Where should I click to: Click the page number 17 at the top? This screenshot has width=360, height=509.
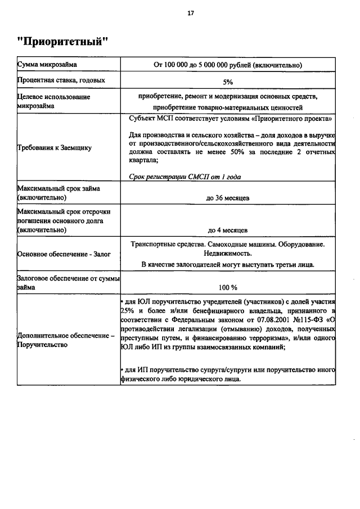(191, 14)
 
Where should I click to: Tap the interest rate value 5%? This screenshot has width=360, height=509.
(228, 82)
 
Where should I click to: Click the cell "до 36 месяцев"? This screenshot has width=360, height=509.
(228, 198)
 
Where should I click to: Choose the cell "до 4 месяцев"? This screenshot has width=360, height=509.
(228, 229)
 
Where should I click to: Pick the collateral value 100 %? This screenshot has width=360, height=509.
(228, 287)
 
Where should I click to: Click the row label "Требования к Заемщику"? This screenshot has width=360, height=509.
(54, 148)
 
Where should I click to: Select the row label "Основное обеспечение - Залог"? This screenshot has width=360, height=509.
(64, 254)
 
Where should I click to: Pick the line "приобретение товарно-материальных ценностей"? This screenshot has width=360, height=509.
(228, 106)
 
